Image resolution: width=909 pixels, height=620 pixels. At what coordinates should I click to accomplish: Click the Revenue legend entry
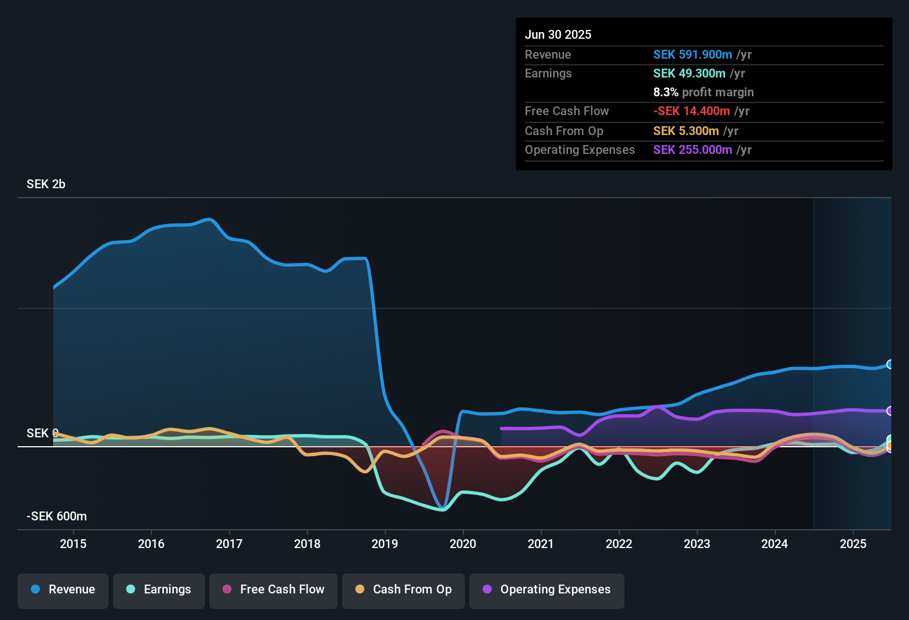click(x=63, y=590)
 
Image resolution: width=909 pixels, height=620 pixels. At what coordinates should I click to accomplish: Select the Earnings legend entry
click(x=159, y=590)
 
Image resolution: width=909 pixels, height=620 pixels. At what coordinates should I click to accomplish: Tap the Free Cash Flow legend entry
click(x=273, y=590)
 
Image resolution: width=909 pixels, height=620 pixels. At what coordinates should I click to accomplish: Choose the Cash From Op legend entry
click(x=404, y=590)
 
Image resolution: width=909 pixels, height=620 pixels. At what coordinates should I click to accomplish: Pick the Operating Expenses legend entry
click(x=547, y=590)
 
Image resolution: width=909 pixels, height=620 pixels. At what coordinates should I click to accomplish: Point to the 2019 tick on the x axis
click(x=385, y=544)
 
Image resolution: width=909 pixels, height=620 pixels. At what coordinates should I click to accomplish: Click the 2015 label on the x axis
click(x=73, y=544)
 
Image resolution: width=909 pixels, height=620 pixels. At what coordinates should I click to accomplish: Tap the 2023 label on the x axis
click(x=697, y=544)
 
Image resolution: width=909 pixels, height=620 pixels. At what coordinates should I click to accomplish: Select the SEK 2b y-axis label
click(x=46, y=184)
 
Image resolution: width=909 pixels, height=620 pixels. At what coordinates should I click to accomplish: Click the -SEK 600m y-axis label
click(x=56, y=516)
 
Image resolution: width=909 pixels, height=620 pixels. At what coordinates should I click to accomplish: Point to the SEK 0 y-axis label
click(x=42, y=433)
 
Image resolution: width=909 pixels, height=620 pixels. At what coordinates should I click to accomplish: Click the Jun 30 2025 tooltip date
click(x=558, y=35)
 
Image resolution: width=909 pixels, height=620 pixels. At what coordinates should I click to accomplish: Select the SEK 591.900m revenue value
click(x=693, y=55)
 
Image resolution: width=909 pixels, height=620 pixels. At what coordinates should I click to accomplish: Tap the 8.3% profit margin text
click(x=703, y=92)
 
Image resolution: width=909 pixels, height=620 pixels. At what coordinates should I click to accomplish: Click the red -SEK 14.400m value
click(x=691, y=111)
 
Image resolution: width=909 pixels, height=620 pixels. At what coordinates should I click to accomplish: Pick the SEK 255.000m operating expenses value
click(x=693, y=150)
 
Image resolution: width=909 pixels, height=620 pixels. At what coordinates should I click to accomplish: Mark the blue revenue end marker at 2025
click(x=890, y=364)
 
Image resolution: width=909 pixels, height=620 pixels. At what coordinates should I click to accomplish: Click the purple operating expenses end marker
click(x=890, y=411)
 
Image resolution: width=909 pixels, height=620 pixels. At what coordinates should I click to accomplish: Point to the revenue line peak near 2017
click(x=209, y=219)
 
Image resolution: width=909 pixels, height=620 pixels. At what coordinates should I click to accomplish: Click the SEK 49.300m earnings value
click(x=689, y=74)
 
